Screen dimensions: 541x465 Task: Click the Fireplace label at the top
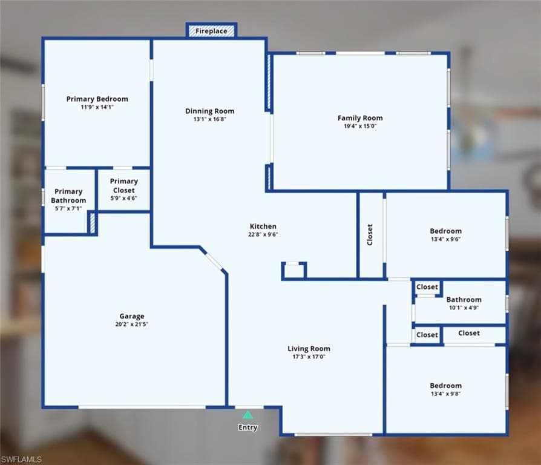[211, 31]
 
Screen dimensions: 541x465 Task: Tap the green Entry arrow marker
[248, 415]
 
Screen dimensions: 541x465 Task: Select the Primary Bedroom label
[97, 99]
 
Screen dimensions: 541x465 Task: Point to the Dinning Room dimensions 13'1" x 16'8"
[210, 119]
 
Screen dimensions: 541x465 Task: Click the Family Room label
[360, 118]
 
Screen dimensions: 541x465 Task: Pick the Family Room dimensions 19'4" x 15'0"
[360, 126]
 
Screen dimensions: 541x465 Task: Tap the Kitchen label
[263, 226]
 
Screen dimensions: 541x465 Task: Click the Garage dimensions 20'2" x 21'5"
[132, 324]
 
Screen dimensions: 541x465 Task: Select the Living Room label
[309, 349]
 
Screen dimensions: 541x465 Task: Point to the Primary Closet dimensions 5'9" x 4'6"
[124, 198]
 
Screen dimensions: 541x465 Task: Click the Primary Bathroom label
[68, 196]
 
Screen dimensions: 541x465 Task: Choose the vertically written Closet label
[370, 235]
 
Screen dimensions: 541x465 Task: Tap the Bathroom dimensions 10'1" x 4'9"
[464, 308]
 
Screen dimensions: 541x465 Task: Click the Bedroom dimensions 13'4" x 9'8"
[446, 394]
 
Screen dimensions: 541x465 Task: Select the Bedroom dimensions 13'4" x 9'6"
[446, 239]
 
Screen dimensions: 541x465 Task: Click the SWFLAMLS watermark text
[21, 460]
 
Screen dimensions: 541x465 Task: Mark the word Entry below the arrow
[248, 427]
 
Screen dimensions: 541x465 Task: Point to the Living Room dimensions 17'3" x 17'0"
[309, 357]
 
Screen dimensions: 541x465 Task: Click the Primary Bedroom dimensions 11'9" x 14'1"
[97, 107]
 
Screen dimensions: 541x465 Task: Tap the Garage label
[132, 316]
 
